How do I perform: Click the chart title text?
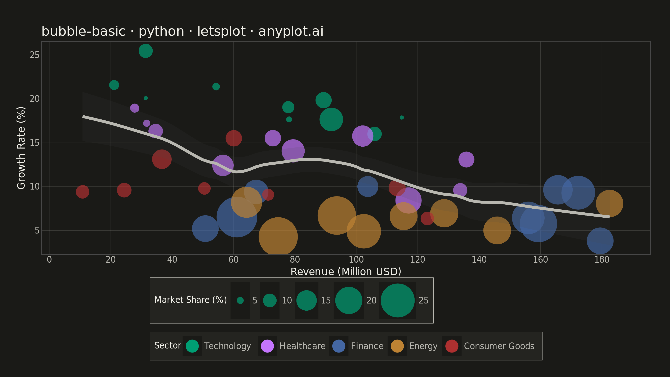[182, 31]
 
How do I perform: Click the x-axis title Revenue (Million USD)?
[346, 272]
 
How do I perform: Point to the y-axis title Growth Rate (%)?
[21, 148]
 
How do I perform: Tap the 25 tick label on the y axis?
[34, 55]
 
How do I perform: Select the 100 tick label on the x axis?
[356, 260]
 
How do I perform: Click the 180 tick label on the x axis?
[602, 260]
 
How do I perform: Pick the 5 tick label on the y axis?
[37, 231]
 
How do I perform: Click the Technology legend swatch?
[192, 346]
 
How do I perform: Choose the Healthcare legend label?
[303, 346]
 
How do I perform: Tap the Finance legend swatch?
[339, 346]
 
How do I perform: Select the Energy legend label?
[423, 346]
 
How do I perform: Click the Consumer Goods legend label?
[499, 346]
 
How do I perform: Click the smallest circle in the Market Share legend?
[240, 301]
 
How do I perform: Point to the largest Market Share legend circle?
[397, 301]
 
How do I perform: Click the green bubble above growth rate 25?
[145, 51]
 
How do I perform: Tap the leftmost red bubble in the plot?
[82, 192]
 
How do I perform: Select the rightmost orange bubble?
[609, 203]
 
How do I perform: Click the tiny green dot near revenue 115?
[402, 117]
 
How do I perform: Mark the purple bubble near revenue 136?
[466, 159]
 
